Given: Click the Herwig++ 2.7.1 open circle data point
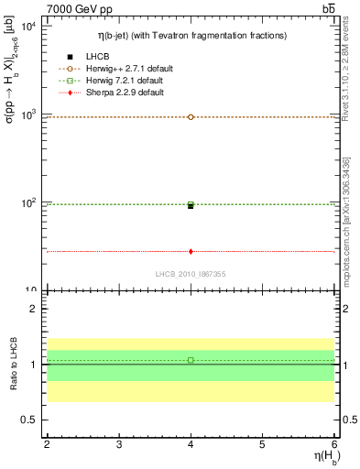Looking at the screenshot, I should tap(191, 117).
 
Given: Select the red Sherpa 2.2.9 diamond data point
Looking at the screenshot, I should tap(191, 251).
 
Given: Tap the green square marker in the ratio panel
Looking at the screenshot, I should tap(191, 360).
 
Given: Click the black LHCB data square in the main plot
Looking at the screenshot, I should tap(191, 206).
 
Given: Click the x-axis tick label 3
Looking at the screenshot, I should tap(119, 444).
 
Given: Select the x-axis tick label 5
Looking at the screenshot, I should tap(263, 444).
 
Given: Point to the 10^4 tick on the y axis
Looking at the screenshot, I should tap(27, 27).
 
